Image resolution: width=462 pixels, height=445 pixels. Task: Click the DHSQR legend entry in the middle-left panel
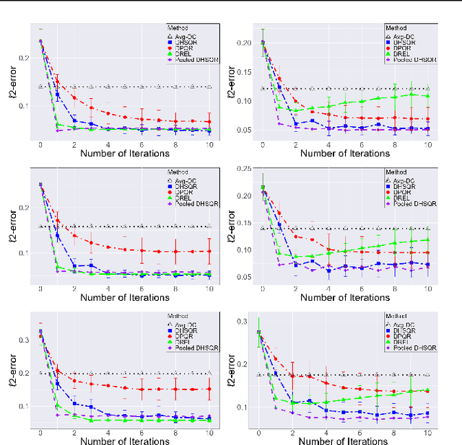(x=184, y=185)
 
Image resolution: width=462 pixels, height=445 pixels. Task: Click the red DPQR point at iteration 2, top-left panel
(x=74, y=97)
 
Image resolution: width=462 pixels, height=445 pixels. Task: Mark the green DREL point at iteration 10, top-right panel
(x=427, y=96)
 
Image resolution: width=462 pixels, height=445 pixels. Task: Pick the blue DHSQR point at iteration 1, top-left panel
(x=58, y=94)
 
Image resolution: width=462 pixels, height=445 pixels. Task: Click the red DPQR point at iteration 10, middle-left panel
(x=209, y=251)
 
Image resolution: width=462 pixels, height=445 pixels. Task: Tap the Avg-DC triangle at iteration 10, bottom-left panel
(x=209, y=374)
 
